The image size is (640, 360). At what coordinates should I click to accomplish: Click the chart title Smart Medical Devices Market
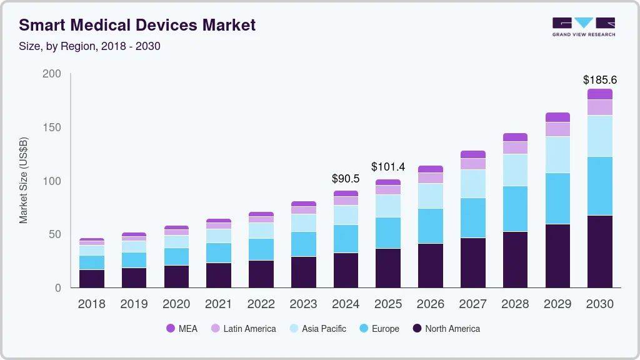[x=137, y=26]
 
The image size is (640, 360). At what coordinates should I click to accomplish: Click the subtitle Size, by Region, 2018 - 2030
[x=90, y=46]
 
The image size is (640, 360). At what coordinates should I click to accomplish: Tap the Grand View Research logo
[x=583, y=27]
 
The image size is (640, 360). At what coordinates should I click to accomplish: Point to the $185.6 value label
[x=599, y=80]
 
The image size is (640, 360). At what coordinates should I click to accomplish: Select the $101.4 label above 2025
[x=387, y=167]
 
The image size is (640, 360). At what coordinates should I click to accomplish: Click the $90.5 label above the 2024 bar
[x=346, y=179]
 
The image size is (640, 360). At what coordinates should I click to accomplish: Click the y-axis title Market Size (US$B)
[x=24, y=181]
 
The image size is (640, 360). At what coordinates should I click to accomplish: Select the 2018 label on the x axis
[x=91, y=304]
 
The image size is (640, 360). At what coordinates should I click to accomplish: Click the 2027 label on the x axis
[x=472, y=304]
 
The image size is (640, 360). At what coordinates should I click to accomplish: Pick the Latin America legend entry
[x=243, y=329]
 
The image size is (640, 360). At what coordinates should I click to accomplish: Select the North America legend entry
[x=446, y=329]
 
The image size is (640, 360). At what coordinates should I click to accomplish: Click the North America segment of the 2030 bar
[x=599, y=251]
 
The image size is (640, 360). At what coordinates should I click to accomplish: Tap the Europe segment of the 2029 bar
[x=557, y=199]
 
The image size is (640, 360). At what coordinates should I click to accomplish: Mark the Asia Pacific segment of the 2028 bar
[x=515, y=170]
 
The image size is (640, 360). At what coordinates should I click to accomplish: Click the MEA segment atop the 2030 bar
[x=599, y=94]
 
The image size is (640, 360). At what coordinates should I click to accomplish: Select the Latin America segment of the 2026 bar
[x=430, y=178]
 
